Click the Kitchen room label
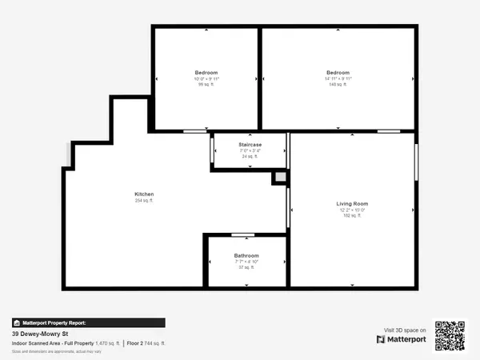144,194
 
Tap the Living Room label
351,205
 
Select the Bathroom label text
246,256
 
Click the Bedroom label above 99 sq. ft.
206,72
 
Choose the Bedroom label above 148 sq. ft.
338,72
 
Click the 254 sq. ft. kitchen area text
144,201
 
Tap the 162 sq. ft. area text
351,215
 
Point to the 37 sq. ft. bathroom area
246,267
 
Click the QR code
450,336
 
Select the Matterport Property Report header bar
88,322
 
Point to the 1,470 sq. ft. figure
107,343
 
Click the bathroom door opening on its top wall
242,235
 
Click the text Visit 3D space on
405,329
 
